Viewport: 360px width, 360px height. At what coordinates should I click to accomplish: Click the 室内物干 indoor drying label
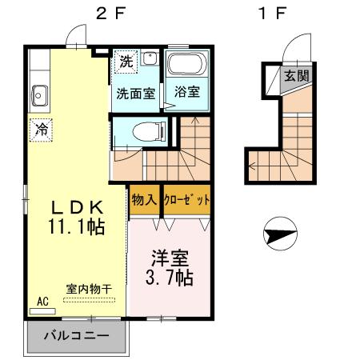coord(89,289)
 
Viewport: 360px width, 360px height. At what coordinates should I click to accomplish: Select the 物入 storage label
coord(144,199)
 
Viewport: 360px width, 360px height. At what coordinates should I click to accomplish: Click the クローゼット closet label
coord(186,199)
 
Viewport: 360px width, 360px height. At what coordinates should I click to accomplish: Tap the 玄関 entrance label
coord(297,77)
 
